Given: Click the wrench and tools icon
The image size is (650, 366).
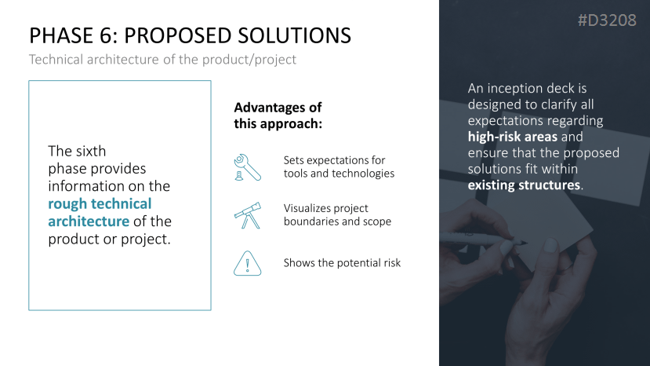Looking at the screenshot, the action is click(x=247, y=167).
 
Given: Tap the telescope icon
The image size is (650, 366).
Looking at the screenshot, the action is click(x=248, y=215).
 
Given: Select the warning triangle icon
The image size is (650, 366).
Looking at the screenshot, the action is click(x=248, y=263).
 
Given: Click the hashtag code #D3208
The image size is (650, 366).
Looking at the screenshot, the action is click(x=607, y=20).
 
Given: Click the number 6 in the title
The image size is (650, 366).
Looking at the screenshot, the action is click(x=106, y=35).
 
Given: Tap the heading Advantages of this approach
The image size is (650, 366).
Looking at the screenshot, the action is click(x=278, y=115).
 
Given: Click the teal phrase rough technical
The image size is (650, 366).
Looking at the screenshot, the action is click(x=100, y=203).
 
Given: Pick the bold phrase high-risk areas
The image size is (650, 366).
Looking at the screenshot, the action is click(x=512, y=137).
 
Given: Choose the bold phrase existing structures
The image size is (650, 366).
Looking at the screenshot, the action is click(x=524, y=185).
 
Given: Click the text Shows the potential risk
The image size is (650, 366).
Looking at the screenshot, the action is click(x=342, y=263).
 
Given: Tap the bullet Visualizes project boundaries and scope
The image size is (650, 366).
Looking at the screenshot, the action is click(x=337, y=214).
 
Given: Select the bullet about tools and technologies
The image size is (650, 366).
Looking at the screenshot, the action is click(x=339, y=167).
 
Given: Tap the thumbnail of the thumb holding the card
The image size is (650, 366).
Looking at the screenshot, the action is click(x=550, y=245).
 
